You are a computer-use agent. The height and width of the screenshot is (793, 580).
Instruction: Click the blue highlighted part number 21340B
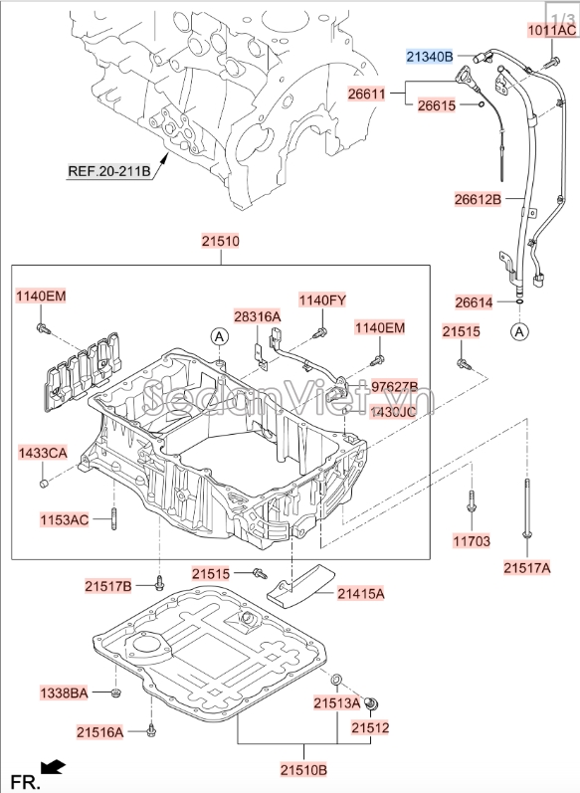(429, 56)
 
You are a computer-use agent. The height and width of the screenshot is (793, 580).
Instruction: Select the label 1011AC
(551, 31)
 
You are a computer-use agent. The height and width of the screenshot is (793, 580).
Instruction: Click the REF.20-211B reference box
(109, 170)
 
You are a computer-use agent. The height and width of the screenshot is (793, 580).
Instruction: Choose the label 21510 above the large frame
(220, 242)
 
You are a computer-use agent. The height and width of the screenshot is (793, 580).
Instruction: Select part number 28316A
(258, 315)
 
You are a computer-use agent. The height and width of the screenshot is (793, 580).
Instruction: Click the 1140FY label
(323, 299)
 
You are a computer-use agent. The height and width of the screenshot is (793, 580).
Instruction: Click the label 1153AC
(65, 519)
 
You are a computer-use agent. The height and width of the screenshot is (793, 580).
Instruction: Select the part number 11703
(474, 542)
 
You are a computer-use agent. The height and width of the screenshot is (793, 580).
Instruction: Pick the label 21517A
(526, 568)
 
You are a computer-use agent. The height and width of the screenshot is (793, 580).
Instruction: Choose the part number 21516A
(99, 732)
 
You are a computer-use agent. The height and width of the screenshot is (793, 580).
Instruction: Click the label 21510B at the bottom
(302, 770)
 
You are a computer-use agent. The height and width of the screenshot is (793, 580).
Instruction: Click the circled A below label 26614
(520, 331)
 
